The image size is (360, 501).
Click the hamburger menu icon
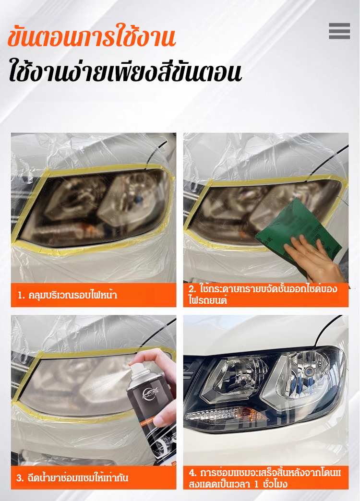coord(339,31)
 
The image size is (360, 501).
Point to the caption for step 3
coord(72,478)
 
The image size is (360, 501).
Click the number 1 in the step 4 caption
coord(256,484)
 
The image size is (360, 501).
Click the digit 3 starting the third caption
coord(20,478)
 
